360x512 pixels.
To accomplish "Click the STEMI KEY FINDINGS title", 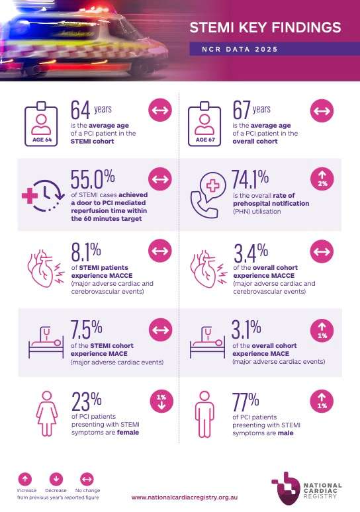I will [x=265, y=28].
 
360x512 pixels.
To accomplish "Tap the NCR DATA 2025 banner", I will [x=240, y=50].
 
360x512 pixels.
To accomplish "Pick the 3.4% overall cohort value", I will [x=250, y=252].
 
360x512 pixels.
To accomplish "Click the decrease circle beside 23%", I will [x=161, y=401].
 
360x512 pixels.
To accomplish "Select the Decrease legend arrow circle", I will [x=55, y=478].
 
